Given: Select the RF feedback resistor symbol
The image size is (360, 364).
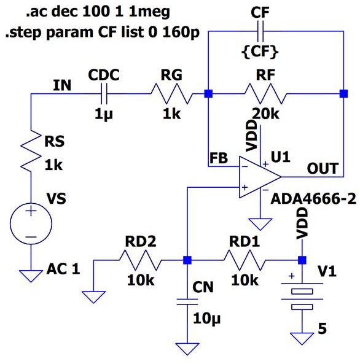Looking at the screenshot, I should point(264,94).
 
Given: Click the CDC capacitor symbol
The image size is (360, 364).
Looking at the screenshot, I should point(104,94).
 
